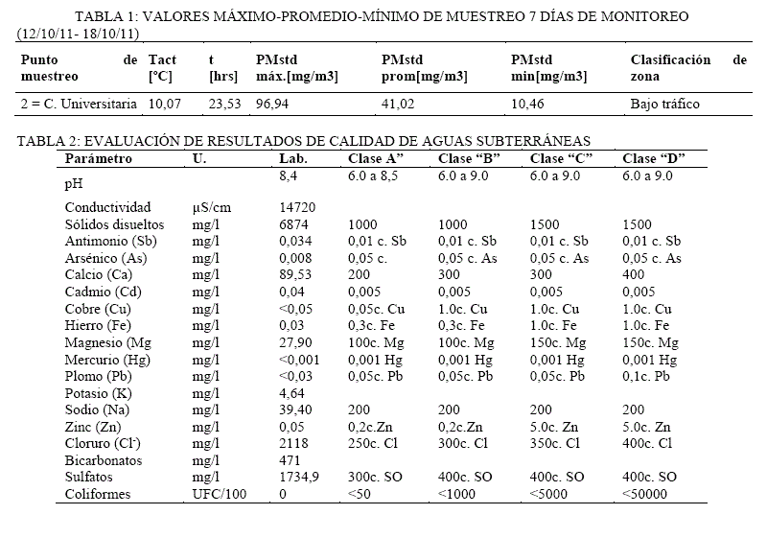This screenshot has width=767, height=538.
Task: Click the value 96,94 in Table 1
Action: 274,104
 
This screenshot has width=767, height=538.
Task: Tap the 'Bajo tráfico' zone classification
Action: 664,104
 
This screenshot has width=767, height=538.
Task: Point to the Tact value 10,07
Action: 165,104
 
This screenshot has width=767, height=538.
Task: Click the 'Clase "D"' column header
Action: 652,158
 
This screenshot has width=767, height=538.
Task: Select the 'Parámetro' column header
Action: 99,158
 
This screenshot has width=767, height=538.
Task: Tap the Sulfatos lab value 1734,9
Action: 300,477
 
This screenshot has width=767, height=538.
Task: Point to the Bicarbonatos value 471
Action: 290,460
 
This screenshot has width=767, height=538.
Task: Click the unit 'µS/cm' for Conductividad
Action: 213,207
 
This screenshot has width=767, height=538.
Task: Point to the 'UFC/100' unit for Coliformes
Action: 218,494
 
